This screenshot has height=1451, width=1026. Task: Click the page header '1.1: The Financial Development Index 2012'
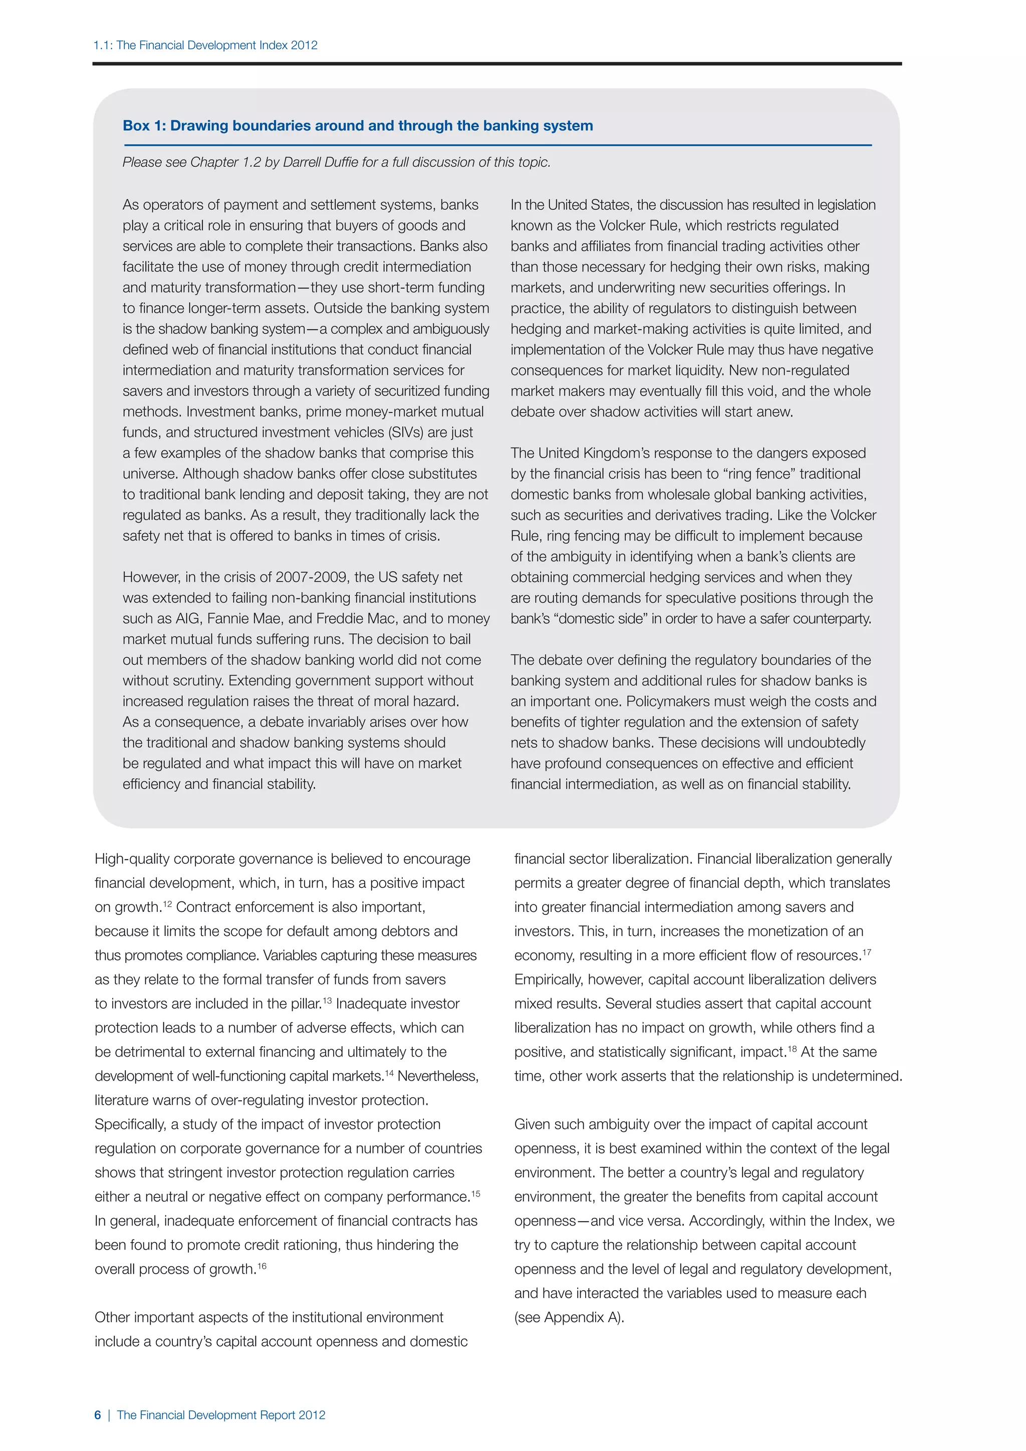pos(205,46)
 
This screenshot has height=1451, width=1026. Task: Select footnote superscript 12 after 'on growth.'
pos(167,904)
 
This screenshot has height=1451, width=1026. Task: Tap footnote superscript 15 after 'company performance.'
pos(476,1194)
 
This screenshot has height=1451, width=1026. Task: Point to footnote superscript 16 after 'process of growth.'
pos(262,1267)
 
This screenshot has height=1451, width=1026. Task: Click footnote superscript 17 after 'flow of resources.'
pos(867,952)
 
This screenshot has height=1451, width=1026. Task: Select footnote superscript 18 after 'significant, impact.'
pos(792,1049)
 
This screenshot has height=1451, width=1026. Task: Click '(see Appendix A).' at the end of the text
pos(569,1318)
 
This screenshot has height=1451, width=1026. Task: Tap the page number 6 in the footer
pos(97,1415)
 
